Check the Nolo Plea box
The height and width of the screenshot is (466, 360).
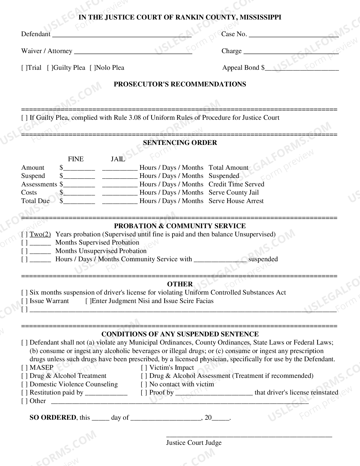pyautogui.click(x=93, y=68)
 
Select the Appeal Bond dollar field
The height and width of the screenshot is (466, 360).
pyautogui.click(x=302, y=68)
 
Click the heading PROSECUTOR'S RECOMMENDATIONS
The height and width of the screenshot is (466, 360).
pyautogui.click(x=180, y=84)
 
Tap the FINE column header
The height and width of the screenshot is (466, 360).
pyautogui.click(x=76, y=159)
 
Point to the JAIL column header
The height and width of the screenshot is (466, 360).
pyautogui.click(x=118, y=159)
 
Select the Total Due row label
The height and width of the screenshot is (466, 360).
pyautogui.click(x=35, y=201)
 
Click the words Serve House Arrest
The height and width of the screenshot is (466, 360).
pyautogui.click(x=236, y=201)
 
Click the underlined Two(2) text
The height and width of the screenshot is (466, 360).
pyautogui.click(x=40, y=234)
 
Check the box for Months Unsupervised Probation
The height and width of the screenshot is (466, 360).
pyautogui.click(x=25, y=251)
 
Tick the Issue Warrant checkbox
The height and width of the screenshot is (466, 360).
pyautogui.click(x=25, y=301)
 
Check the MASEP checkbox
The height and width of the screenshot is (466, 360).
pyautogui.click(x=25, y=368)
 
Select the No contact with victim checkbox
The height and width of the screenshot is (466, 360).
pyautogui.click(x=144, y=384)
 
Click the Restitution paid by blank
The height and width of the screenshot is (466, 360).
pyautogui.click(x=106, y=393)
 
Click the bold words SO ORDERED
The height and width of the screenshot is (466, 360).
pyautogui.click(x=53, y=417)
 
